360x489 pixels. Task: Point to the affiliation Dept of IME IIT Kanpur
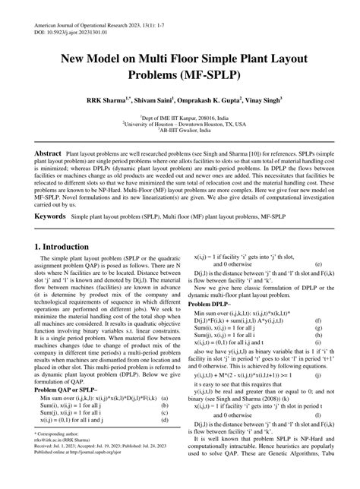click(x=180, y=112)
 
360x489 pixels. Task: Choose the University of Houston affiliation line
click(x=180, y=120)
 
